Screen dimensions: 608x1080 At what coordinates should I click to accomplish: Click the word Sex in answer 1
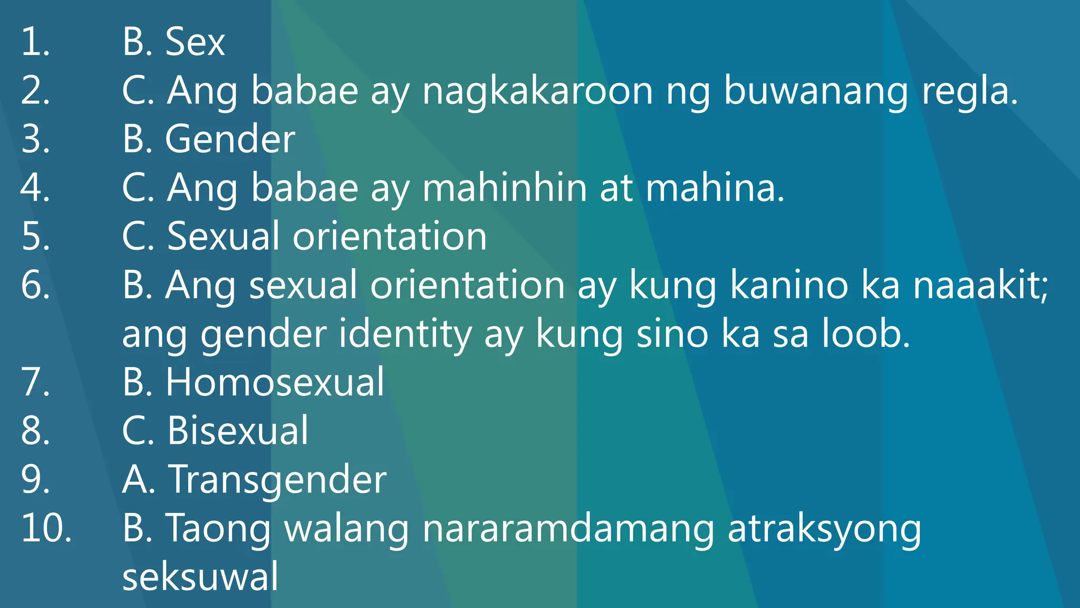point(195,42)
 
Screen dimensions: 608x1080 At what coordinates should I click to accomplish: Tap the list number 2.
point(35,90)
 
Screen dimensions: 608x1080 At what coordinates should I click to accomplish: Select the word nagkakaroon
point(537,91)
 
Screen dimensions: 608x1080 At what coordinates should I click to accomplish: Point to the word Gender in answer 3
point(230,139)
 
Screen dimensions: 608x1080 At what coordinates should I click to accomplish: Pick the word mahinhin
point(505,188)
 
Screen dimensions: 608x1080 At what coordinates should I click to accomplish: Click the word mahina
point(715,188)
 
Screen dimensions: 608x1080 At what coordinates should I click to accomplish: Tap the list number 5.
point(35,236)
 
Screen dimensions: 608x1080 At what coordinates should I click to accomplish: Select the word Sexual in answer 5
point(223,236)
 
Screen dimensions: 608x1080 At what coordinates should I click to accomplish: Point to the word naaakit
point(980,285)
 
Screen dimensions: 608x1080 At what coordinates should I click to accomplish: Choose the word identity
point(405,335)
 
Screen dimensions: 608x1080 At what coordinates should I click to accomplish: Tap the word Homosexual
point(275,382)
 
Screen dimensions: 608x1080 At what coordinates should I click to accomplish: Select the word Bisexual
point(237,430)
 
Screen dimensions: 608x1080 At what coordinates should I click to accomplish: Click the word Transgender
point(277,480)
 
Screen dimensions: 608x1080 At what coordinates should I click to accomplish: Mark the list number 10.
point(46,528)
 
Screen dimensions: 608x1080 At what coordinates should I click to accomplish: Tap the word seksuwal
point(200,576)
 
